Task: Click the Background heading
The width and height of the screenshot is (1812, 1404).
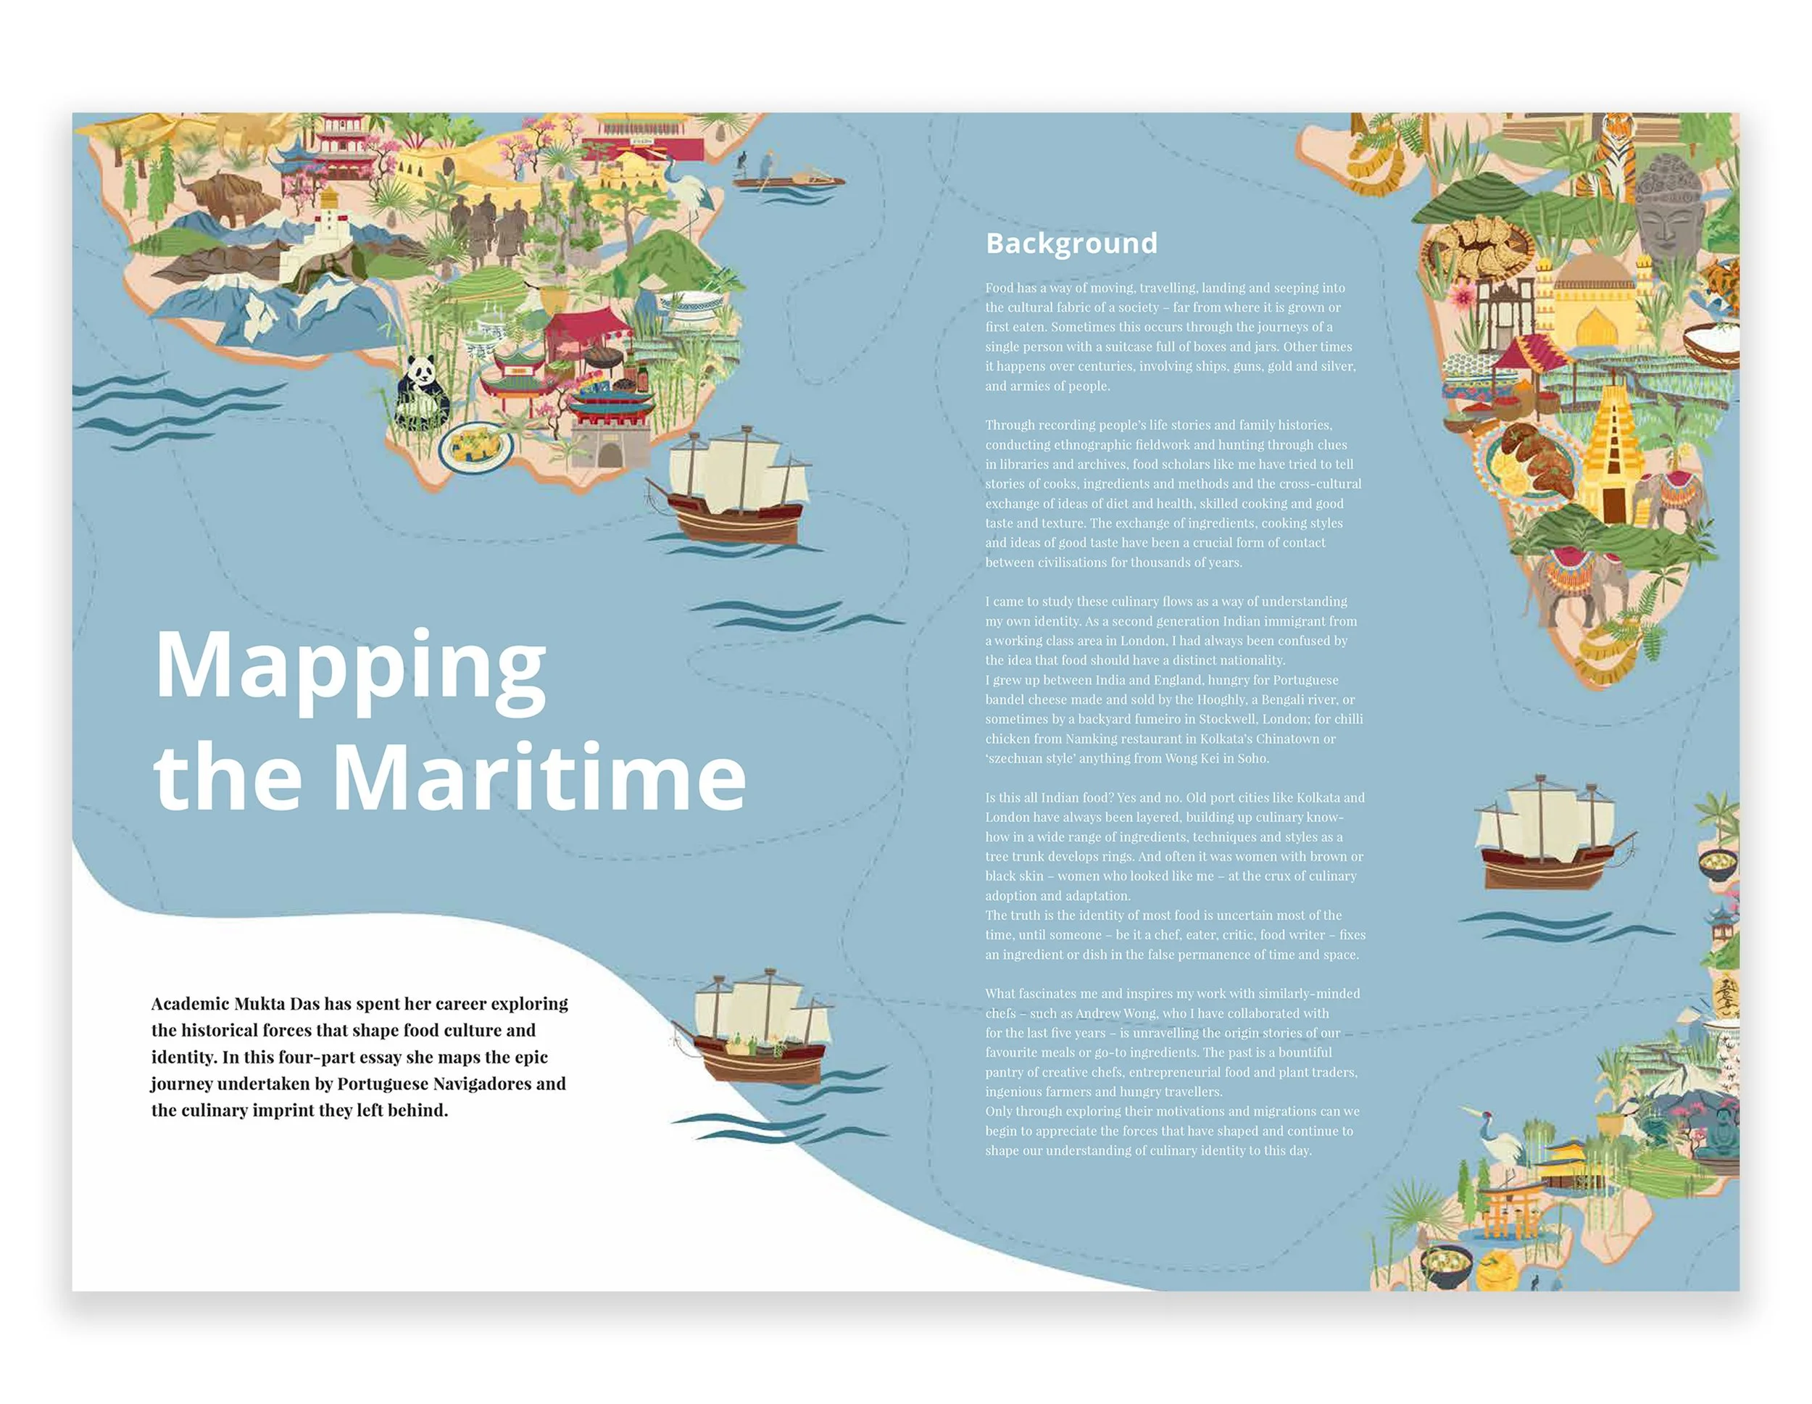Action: click(1071, 243)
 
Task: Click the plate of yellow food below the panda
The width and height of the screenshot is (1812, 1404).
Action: click(475, 446)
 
